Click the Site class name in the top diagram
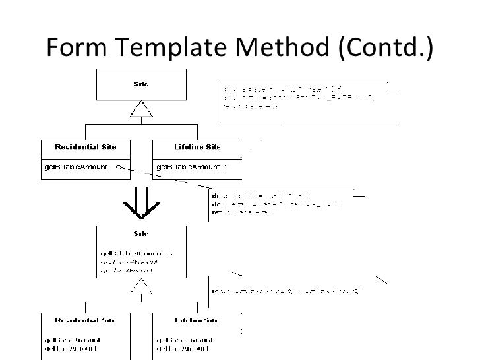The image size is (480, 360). (141, 84)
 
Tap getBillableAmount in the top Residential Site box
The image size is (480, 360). (74, 168)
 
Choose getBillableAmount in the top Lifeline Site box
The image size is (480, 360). (186, 168)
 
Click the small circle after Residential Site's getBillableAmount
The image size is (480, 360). (117, 168)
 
